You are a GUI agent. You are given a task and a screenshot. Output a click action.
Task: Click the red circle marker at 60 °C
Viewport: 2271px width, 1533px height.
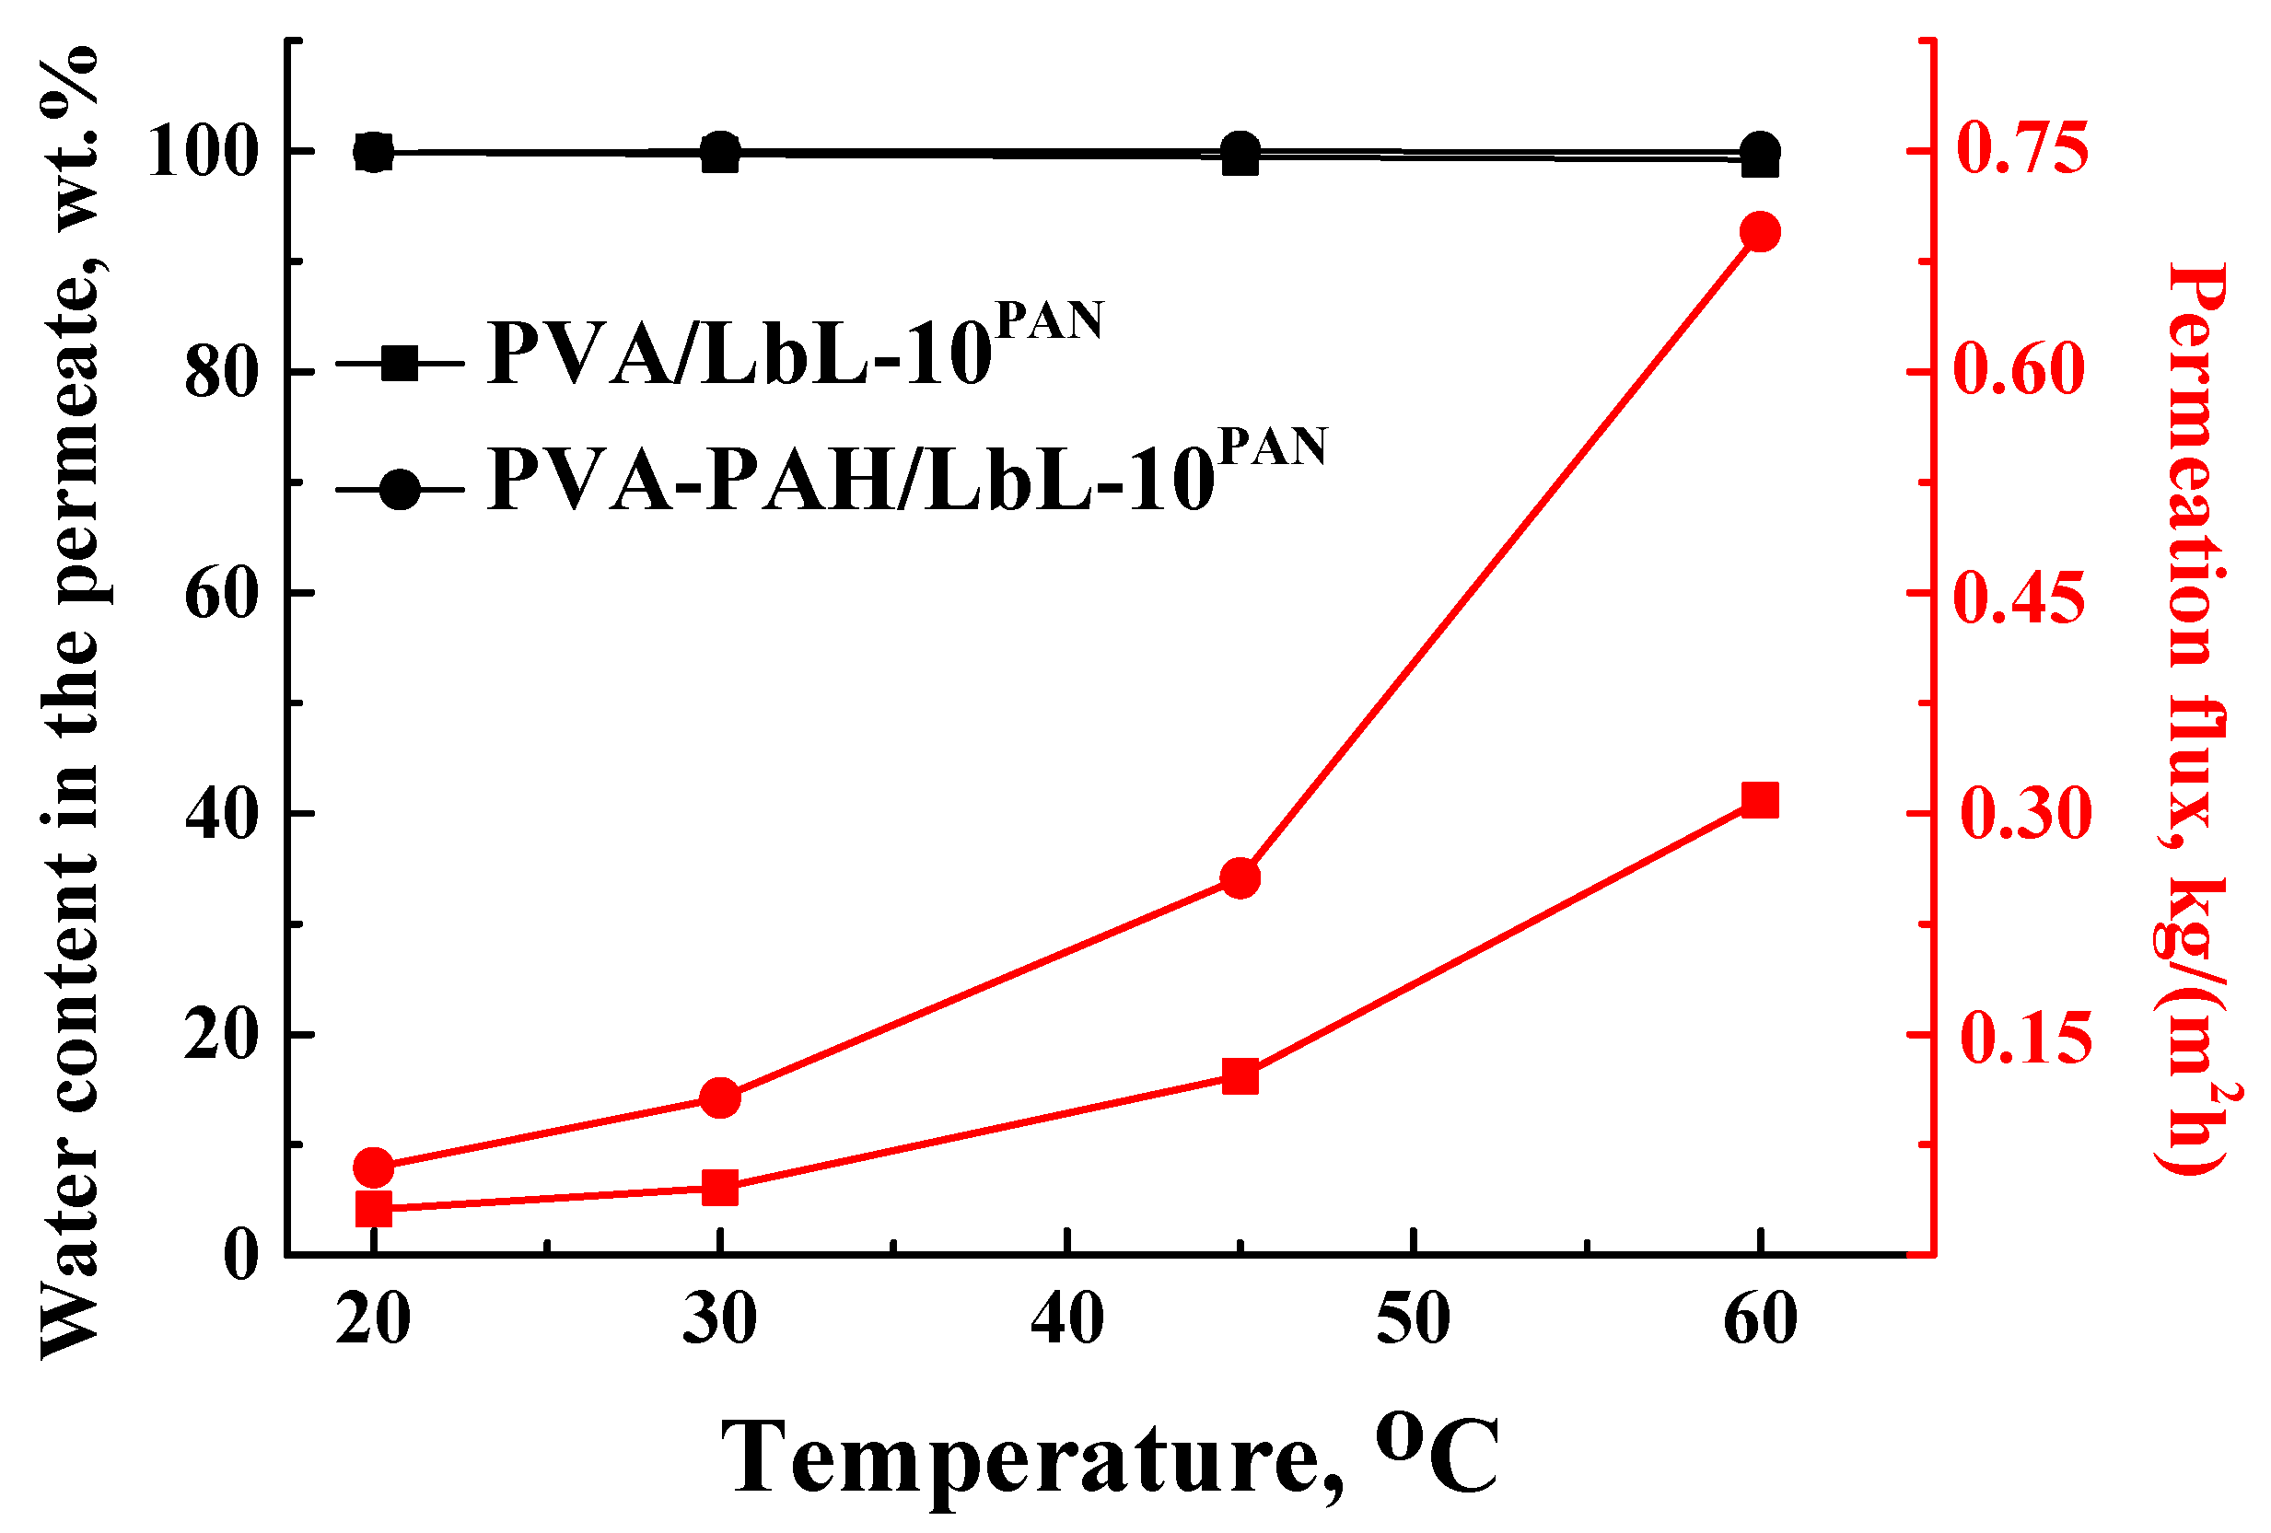(1760, 233)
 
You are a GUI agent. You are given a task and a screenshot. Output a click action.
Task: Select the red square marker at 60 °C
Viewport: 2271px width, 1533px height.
(1760, 800)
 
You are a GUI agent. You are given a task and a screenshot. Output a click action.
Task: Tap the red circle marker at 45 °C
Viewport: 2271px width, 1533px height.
(1240, 878)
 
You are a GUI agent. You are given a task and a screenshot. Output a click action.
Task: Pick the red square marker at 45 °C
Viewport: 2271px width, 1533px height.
(1240, 1076)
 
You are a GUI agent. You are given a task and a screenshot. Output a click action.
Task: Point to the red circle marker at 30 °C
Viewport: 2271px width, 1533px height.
(720, 1098)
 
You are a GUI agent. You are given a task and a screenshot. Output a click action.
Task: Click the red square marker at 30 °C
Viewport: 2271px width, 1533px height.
(720, 1189)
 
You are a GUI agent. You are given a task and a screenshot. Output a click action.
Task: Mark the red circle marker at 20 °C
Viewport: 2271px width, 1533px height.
(373, 1167)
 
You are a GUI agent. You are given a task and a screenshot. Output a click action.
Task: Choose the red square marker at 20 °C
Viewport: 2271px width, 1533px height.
(373, 1209)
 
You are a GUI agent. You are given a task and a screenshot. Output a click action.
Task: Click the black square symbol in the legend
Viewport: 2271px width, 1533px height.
(399, 364)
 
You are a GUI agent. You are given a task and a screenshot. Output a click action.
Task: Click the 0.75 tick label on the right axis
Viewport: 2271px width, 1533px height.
(2021, 150)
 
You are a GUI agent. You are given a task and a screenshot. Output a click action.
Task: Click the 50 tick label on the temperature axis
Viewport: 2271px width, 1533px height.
(1413, 1319)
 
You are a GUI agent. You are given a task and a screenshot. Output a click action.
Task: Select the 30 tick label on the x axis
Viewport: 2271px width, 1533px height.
(720, 1319)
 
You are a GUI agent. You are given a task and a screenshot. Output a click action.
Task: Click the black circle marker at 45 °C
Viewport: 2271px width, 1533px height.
(1240, 150)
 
